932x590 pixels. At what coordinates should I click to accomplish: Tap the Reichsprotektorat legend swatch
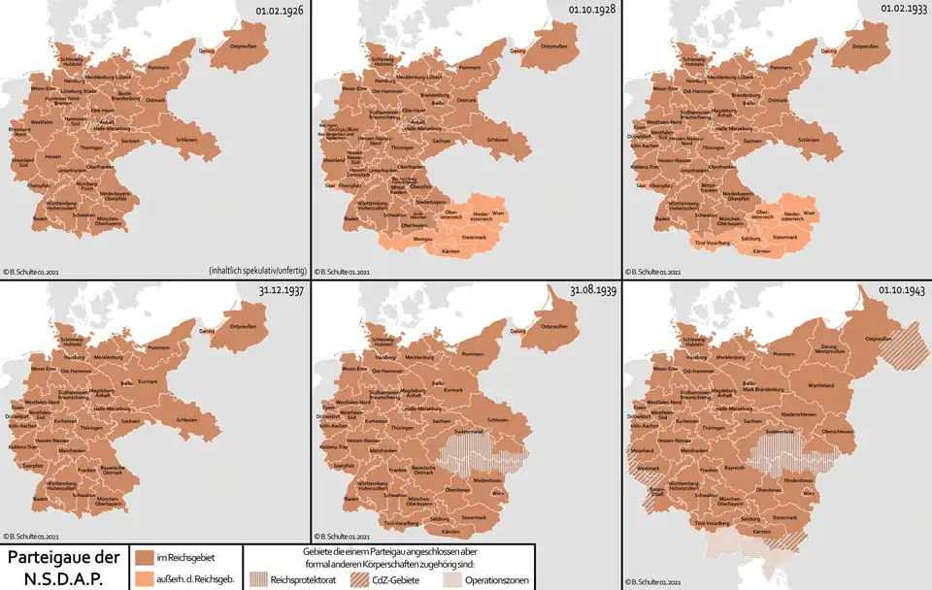257,578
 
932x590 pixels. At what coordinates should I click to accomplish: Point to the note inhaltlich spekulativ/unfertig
257,269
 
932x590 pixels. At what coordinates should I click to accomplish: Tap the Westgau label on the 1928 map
423,237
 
